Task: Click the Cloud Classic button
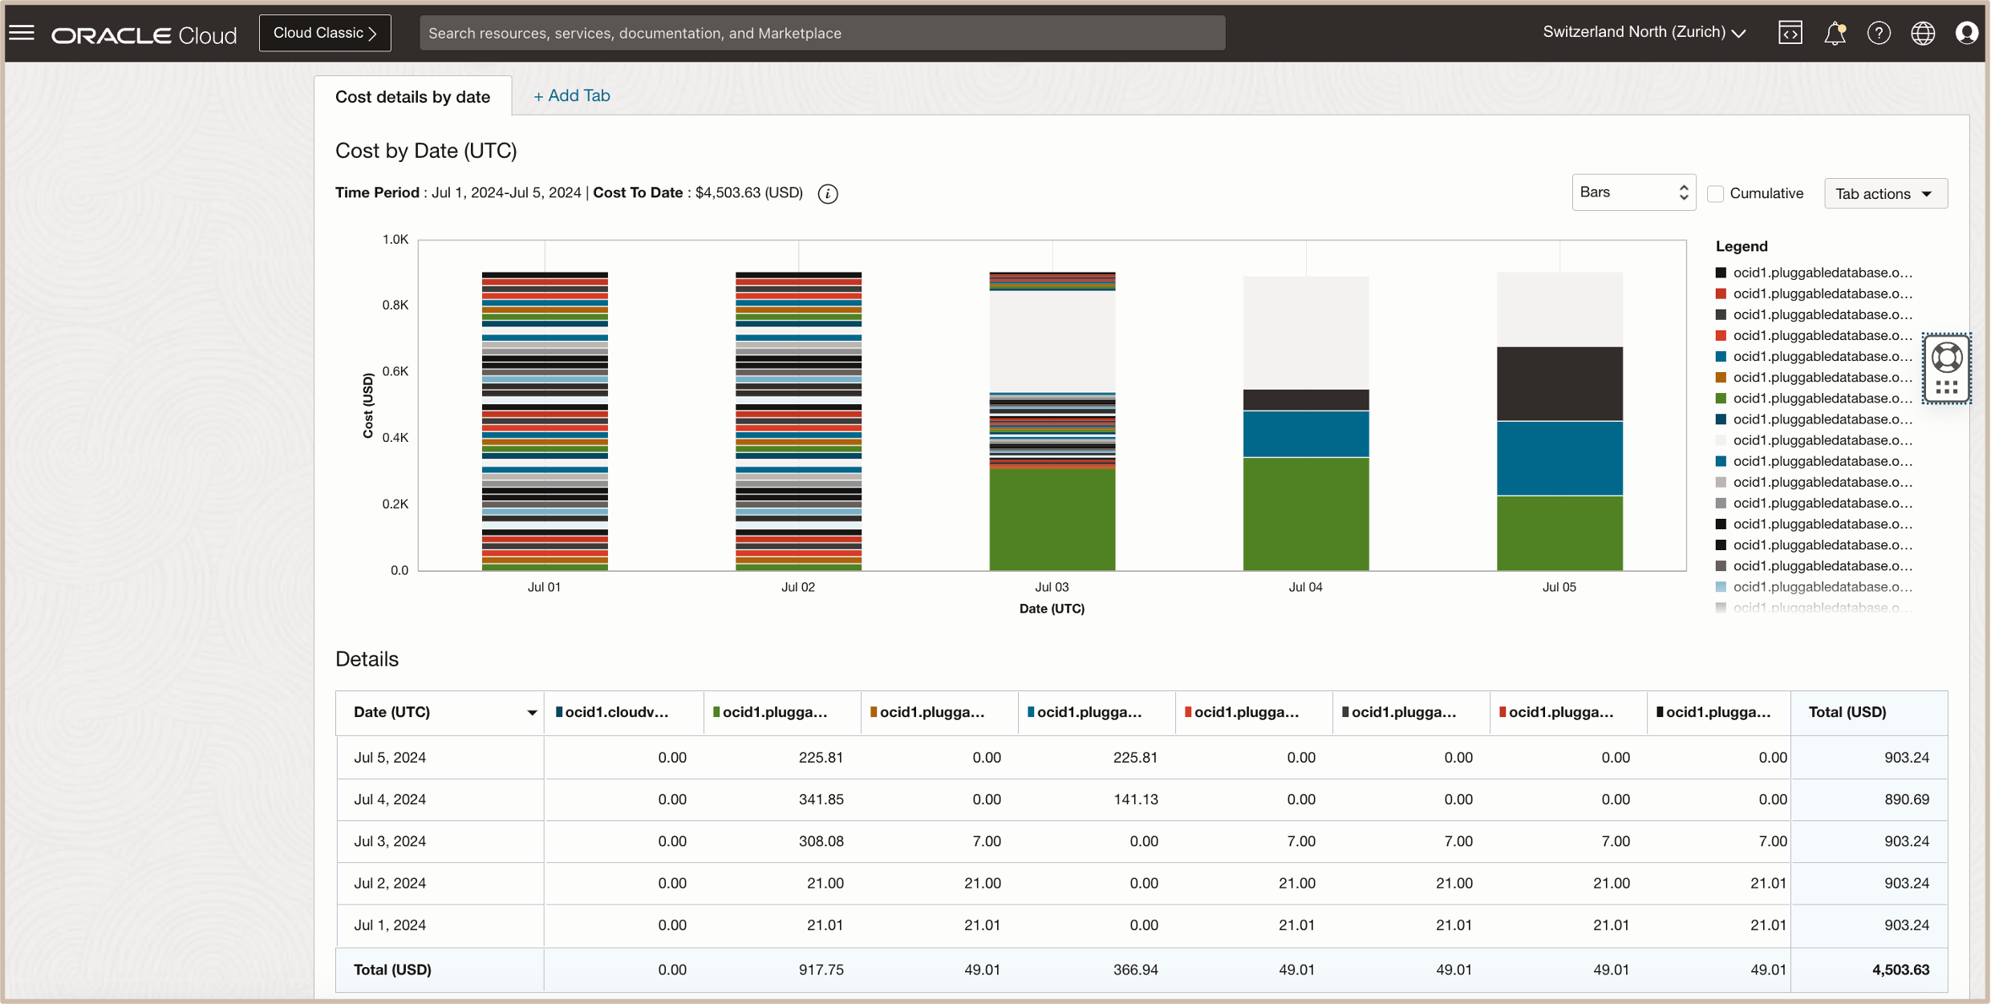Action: [x=325, y=33]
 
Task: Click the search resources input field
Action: [x=821, y=33]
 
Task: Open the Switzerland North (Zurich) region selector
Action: [x=1644, y=32]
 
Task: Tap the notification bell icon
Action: [x=1835, y=33]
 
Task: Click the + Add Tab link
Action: [x=571, y=95]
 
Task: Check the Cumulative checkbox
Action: [x=1715, y=193]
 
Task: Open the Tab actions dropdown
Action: [x=1885, y=193]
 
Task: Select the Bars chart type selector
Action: [x=1633, y=192]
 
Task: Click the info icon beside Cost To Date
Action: [x=828, y=193]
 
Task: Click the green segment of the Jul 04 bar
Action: [x=1306, y=513]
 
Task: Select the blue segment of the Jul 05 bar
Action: [x=1559, y=458]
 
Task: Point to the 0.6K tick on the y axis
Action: [x=395, y=371]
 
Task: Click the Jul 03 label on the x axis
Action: [x=1052, y=587]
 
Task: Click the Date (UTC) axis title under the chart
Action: [x=1052, y=609]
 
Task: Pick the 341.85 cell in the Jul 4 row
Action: [x=820, y=799]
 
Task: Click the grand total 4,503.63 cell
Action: [x=1900, y=970]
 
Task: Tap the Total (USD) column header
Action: [x=1847, y=712]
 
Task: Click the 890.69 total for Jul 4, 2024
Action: [x=1906, y=799]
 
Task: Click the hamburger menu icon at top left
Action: [x=22, y=33]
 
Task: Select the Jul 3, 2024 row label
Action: [x=390, y=841]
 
